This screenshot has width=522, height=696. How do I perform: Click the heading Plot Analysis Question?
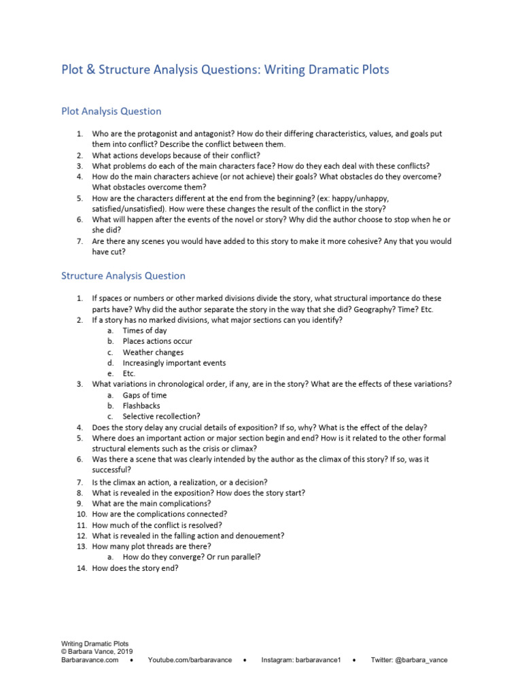pyautogui.click(x=111, y=111)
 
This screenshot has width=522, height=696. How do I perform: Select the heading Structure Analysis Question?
pyautogui.click(x=123, y=276)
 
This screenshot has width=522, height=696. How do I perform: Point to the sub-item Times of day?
pyautogui.click(x=145, y=330)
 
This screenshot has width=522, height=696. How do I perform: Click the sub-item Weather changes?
pyautogui.click(x=153, y=352)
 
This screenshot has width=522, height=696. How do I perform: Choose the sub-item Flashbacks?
pyautogui.click(x=141, y=406)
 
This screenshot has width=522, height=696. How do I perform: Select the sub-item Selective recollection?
pyautogui.click(x=160, y=416)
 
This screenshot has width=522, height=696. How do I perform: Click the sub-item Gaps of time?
pyautogui.click(x=144, y=395)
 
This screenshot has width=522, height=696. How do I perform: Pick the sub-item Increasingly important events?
pyautogui.click(x=174, y=363)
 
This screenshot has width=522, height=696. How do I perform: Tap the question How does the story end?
pyautogui.click(x=135, y=568)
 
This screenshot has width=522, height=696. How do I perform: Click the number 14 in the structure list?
pyautogui.click(x=80, y=568)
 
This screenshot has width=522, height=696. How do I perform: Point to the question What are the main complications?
pyautogui.click(x=152, y=504)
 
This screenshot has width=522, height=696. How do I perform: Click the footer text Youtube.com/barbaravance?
pyautogui.click(x=190, y=660)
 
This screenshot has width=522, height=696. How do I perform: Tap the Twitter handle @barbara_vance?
pyautogui.click(x=423, y=660)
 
